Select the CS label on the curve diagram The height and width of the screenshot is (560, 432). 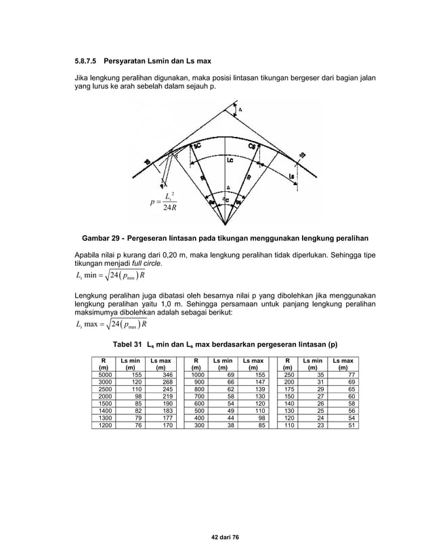[251, 146]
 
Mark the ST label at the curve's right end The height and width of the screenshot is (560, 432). [302, 156]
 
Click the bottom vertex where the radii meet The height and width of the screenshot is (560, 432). [225, 224]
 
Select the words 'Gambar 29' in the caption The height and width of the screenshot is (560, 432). [102, 239]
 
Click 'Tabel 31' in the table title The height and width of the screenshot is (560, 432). [127, 344]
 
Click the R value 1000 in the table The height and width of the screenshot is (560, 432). [198, 374]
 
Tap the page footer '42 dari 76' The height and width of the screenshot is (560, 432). [215, 536]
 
